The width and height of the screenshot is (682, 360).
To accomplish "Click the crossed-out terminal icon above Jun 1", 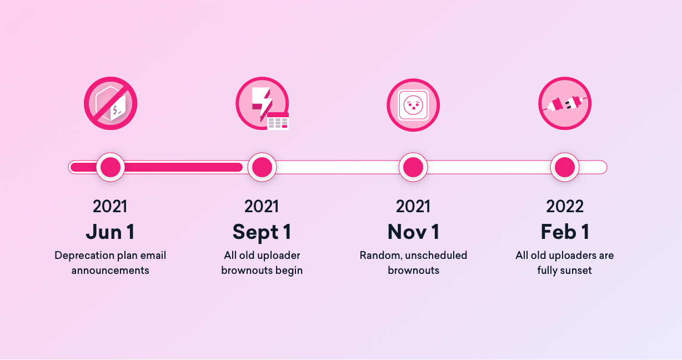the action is point(111,103).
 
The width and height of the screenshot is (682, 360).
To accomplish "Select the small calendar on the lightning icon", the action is point(278,121).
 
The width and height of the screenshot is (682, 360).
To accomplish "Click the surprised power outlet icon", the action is point(413,105).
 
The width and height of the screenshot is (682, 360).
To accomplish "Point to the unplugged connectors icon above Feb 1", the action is point(565,103).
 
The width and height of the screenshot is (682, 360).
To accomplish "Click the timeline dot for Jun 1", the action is point(111,167).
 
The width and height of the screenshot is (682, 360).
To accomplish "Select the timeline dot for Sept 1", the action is point(262,167).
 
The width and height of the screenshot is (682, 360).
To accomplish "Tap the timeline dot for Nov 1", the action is point(413,167).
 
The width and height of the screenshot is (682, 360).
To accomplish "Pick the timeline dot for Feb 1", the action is point(565,167).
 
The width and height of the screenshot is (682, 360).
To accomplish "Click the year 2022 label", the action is point(565,207).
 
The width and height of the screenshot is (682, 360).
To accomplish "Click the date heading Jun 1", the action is point(110,232).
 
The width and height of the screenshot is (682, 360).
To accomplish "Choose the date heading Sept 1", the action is point(262,233).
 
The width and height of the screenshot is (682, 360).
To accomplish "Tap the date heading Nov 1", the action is point(413,232).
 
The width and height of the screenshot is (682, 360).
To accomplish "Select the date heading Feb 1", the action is point(565,232).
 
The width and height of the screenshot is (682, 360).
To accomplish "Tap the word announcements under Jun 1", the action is point(110,271).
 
